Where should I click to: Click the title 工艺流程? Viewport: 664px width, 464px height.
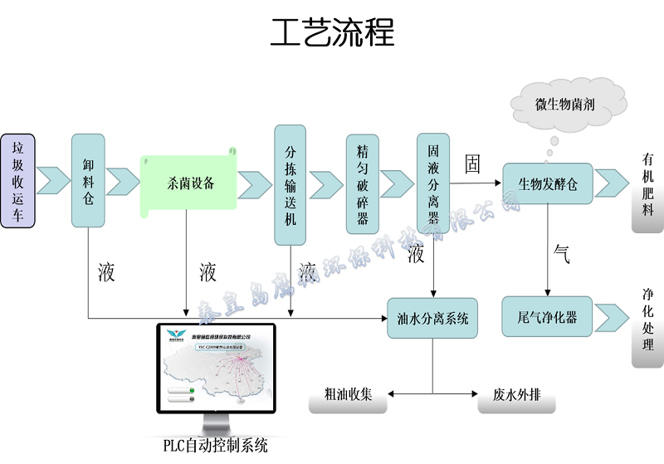click(332, 33)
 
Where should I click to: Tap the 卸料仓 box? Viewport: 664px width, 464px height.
click(88, 180)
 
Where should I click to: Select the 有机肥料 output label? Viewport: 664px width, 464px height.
click(647, 183)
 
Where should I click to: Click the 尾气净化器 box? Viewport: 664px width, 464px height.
click(547, 316)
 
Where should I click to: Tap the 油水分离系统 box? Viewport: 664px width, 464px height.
click(432, 317)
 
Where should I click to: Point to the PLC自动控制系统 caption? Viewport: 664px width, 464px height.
click(215, 446)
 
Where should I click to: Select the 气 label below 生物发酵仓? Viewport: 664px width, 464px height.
click(561, 255)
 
